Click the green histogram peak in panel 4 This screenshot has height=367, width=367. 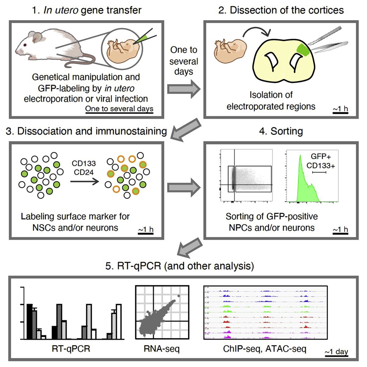(x=303, y=184)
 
